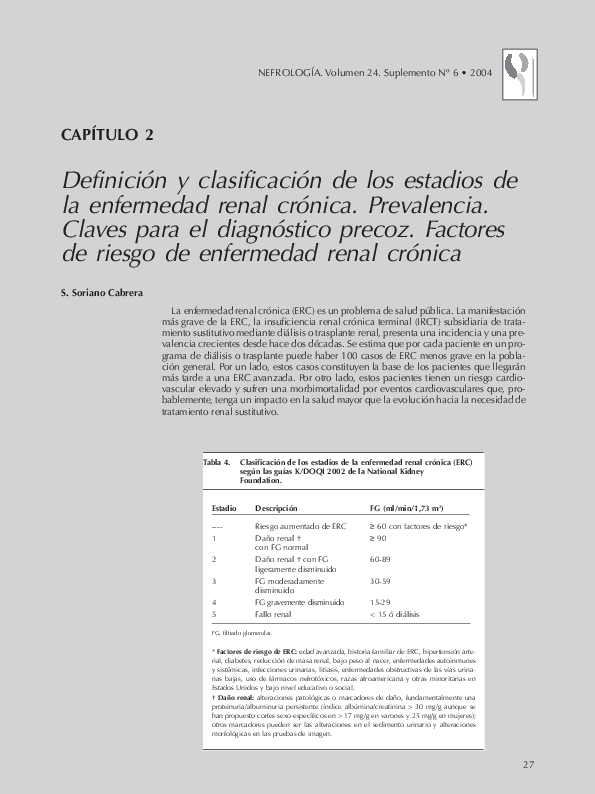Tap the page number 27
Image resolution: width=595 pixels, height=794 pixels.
528,765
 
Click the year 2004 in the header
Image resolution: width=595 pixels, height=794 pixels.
481,73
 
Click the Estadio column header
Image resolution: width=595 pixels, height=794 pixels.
224,508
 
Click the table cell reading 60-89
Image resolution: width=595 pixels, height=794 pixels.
380,559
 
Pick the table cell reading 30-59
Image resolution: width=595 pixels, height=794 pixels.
380,580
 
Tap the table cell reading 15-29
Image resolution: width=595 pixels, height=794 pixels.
380,602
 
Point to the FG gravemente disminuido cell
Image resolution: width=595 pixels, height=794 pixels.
300,602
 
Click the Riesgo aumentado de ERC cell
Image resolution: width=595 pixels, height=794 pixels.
300,525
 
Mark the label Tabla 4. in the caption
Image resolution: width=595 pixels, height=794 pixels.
217,463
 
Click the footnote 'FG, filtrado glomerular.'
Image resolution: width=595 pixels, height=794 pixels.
241,633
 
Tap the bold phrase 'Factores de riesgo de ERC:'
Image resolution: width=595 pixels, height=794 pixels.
253,651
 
